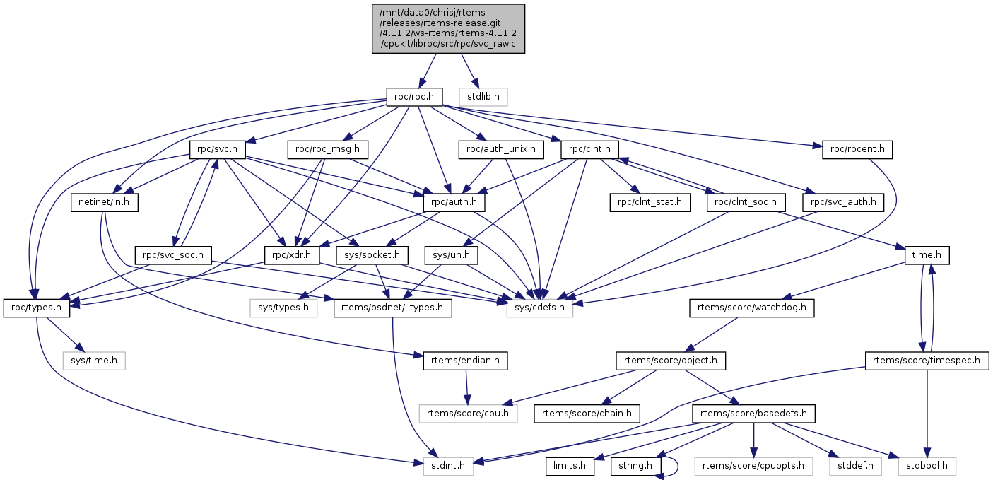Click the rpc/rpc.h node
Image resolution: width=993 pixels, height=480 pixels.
tap(414, 95)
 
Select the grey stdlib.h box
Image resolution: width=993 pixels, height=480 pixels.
tap(483, 95)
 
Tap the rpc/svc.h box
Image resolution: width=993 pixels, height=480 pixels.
tap(217, 150)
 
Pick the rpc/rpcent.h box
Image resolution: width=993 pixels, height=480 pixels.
tap(857, 150)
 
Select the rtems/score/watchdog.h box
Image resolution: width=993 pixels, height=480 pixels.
tap(752, 308)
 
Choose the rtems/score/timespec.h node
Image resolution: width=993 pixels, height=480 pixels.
tap(927, 361)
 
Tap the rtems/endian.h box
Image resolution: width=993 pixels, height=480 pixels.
tap(465, 361)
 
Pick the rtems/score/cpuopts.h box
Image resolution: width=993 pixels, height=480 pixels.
tap(753, 466)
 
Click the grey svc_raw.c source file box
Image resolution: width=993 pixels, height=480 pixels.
tap(448, 28)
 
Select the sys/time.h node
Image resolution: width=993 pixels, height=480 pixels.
tap(94, 361)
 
